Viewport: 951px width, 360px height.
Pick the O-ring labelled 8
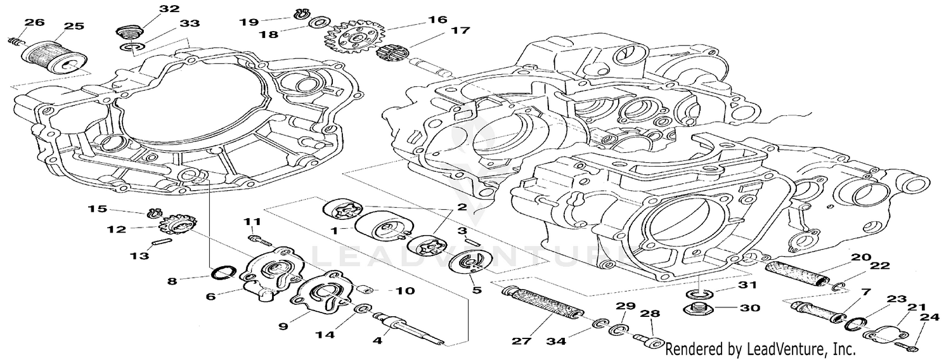click(x=221, y=274)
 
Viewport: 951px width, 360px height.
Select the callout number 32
click(x=152, y=9)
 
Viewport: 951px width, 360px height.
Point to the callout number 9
click(x=283, y=326)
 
